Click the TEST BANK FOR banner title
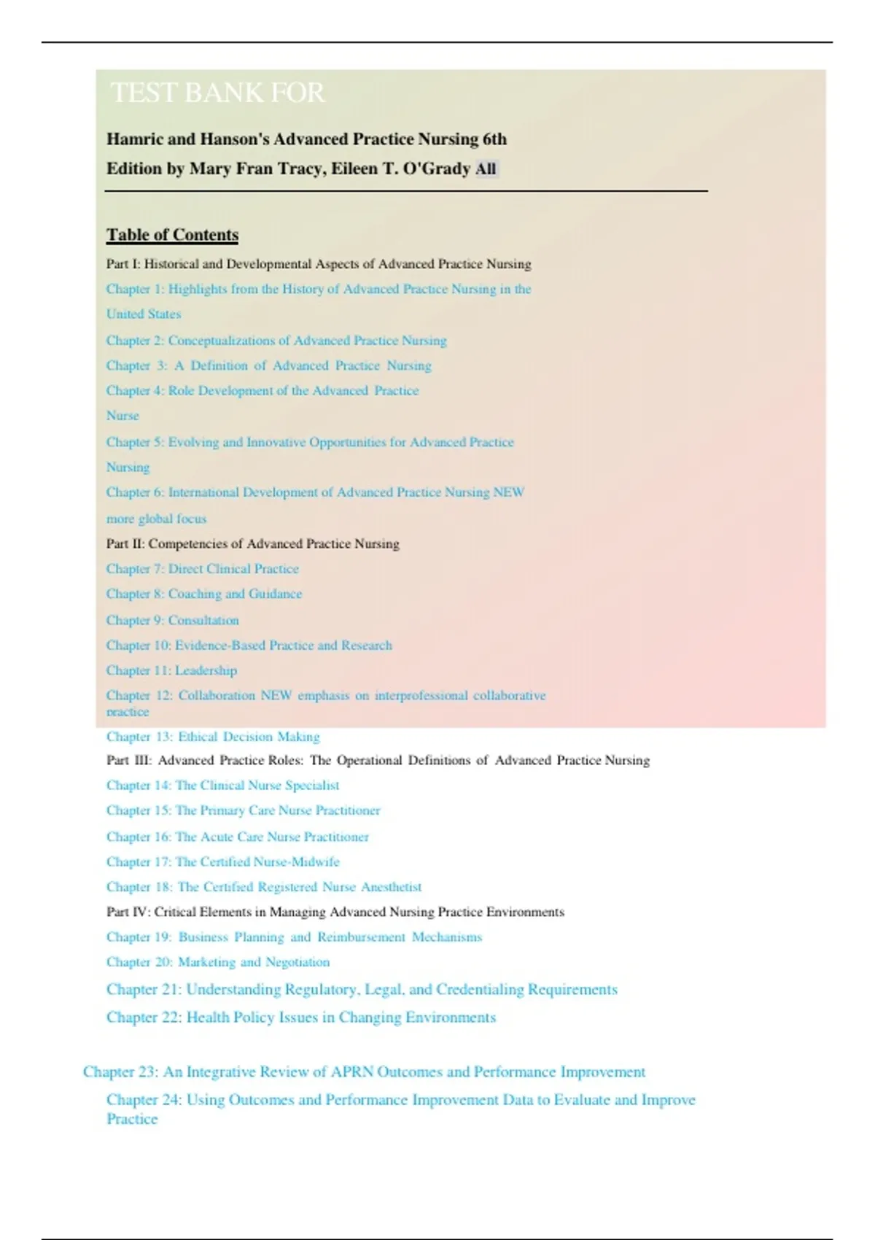tap(217, 93)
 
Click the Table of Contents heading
tap(172, 235)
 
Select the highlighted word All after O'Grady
tap(486, 169)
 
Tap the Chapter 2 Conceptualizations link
tap(276, 341)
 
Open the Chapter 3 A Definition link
tap(268, 365)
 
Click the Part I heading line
tap(319, 264)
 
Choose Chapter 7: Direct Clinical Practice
tap(202, 569)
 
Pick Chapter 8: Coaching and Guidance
tap(203, 594)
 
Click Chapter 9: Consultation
tap(172, 620)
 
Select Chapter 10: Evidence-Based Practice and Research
tap(249, 646)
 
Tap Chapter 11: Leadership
tap(171, 670)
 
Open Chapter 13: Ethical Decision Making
tap(213, 737)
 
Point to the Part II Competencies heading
tap(252, 543)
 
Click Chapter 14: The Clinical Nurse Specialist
tap(222, 786)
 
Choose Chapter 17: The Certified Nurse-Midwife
tap(222, 862)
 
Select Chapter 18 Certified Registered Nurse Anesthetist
tap(264, 887)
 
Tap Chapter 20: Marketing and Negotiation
tap(218, 962)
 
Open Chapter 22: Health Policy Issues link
tap(300, 1018)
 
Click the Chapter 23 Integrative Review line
tap(364, 1072)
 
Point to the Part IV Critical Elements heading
tap(335, 912)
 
